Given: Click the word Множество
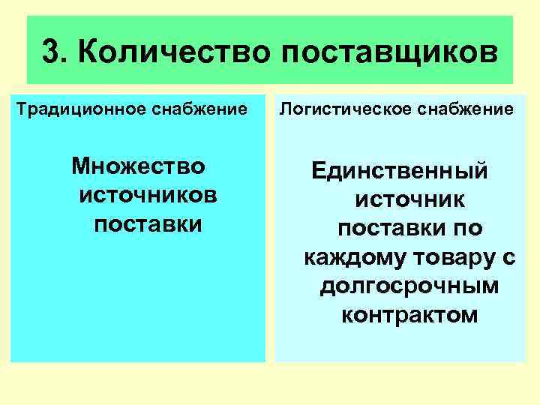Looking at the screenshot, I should tap(139, 165).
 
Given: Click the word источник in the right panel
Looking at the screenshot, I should tap(409, 199).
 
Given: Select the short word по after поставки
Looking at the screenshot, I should tap(468, 228).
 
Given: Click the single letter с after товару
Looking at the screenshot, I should tap(511, 257).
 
